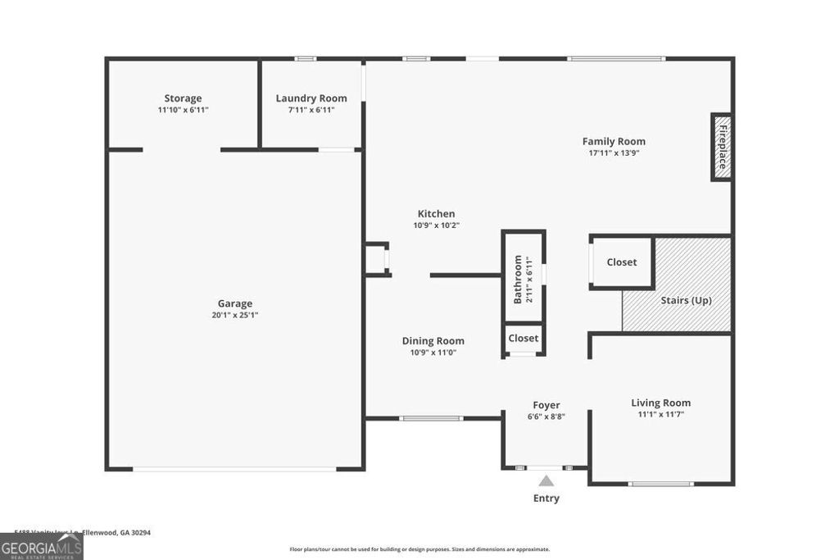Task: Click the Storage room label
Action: click(182, 98)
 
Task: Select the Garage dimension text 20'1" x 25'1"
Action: click(235, 315)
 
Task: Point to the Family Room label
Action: click(613, 142)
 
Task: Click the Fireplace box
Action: click(722, 146)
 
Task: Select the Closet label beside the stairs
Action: click(621, 262)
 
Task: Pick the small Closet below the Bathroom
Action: click(523, 338)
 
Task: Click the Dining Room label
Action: click(433, 341)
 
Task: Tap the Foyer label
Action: click(546, 405)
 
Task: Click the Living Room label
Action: click(660, 403)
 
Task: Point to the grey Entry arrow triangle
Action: click(546, 481)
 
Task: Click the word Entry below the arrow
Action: click(546, 499)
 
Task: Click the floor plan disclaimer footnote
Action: click(419, 549)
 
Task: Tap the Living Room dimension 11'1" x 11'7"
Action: click(660, 414)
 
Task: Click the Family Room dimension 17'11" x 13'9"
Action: click(613, 153)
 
